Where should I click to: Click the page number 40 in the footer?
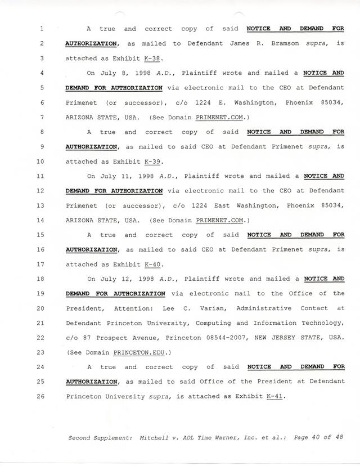[315, 437]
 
